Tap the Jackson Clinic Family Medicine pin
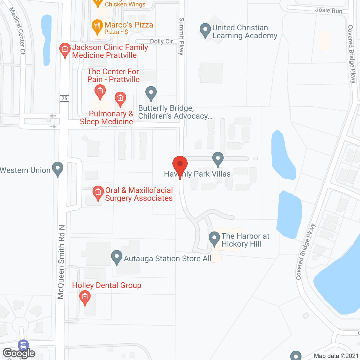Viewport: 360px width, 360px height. [x=65, y=50]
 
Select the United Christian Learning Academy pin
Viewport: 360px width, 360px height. [x=205, y=30]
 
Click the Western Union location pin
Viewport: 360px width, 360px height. [x=58, y=169]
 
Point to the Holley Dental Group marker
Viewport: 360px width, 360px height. [x=85, y=297]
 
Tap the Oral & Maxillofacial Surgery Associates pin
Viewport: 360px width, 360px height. [x=98, y=193]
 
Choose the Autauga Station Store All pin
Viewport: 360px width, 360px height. [x=116, y=257]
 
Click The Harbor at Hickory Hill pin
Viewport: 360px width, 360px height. [x=214, y=238]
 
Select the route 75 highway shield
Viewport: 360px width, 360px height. [x=64, y=98]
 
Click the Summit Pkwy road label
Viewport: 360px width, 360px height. [x=182, y=36]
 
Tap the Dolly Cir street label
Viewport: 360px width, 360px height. [x=161, y=41]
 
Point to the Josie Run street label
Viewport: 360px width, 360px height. [x=328, y=10]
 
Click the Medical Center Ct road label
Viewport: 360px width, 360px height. [x=17, y=31]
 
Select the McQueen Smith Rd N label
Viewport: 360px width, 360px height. [x=61, y=262]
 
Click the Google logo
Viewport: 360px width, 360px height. [x=19, y=353]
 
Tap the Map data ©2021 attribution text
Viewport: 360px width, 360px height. [x=336, y=356]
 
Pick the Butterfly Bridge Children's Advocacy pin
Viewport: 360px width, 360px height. [x=151, y=93]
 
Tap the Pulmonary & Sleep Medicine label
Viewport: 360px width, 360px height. [x=107, y=118]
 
